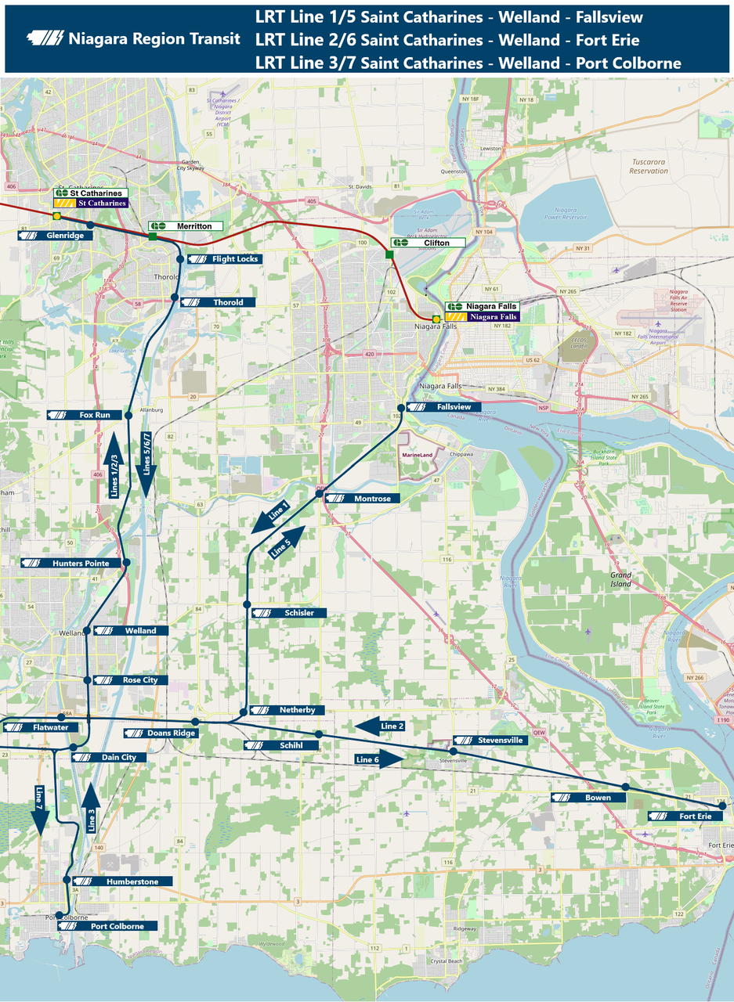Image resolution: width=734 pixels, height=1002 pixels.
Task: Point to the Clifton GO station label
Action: coord(428,243)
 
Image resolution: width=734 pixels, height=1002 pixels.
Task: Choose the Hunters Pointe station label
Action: coord(71,563)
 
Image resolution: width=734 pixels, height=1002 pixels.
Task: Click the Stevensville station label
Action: coord(490,740)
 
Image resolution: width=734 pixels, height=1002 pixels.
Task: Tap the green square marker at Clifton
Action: coord(389,254)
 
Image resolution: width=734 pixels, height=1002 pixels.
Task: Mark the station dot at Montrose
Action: coord(320,493)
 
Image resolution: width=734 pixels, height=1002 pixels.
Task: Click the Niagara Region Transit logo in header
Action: coord(46,38)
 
